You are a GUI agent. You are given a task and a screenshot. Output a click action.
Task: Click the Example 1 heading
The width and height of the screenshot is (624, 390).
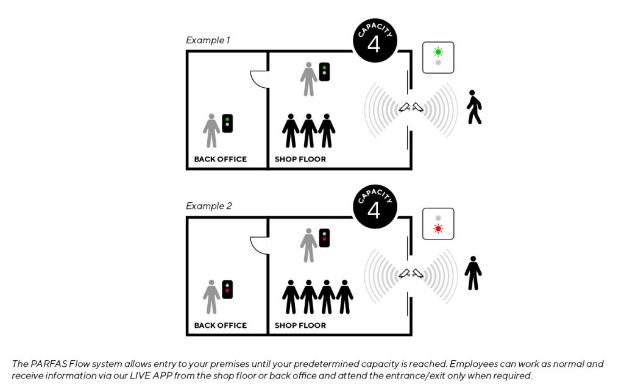click(208, 40)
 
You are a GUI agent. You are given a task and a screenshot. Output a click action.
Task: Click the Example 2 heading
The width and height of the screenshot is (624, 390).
click(208, 206)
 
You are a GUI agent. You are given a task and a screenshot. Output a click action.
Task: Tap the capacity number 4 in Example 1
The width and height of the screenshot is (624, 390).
click(374, 44)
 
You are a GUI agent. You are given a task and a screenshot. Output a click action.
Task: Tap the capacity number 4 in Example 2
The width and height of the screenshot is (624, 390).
click(374, 210)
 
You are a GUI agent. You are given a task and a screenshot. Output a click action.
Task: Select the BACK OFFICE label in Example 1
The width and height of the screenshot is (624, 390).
click(221, 159)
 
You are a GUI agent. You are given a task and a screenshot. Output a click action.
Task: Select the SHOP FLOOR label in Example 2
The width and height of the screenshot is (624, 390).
click(300, 325)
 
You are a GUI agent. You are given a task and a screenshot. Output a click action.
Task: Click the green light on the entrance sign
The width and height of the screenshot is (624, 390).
click(438, 52)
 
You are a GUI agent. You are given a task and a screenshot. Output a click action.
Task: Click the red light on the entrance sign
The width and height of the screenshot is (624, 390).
click(438, 229)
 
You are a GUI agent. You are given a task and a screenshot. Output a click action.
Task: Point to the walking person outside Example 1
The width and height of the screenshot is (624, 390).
click(473, 107)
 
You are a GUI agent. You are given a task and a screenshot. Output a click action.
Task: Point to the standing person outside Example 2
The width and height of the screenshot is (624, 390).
click(473, 273)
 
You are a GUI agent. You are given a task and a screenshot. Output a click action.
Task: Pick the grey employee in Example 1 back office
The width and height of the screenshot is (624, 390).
click(211, 130)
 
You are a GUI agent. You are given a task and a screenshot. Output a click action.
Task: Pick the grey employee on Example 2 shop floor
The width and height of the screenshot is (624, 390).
click(308, 245)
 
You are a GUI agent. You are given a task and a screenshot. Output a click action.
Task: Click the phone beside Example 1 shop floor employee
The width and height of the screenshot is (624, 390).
click(324, 72)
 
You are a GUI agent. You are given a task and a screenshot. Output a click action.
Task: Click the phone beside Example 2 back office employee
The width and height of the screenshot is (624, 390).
click(227, 289)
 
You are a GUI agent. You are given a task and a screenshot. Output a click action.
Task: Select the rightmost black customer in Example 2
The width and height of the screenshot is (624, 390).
click(345, 297)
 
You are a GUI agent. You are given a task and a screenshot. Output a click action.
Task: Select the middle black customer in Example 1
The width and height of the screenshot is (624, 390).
click(308, 131)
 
